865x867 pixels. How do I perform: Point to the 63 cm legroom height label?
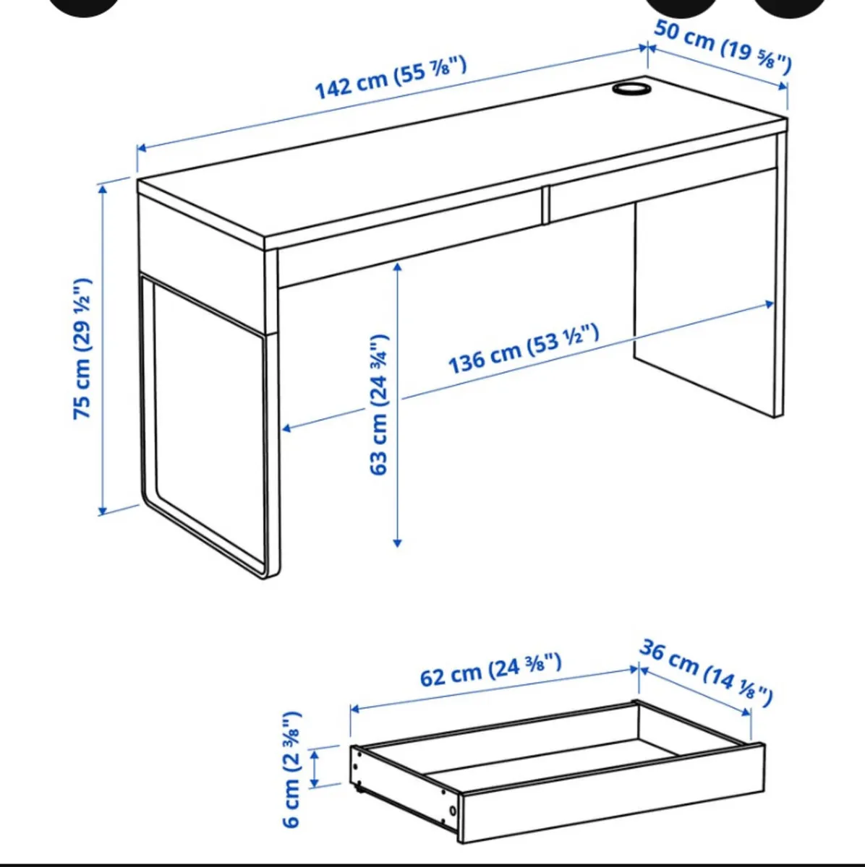[x=380, y=405]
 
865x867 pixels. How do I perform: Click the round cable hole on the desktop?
[x=631, y=88]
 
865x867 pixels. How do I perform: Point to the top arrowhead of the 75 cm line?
[x=103, y=189]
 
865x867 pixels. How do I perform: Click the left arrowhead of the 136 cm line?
[x=286, y=429]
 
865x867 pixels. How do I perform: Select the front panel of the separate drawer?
[x=611, y=795]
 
